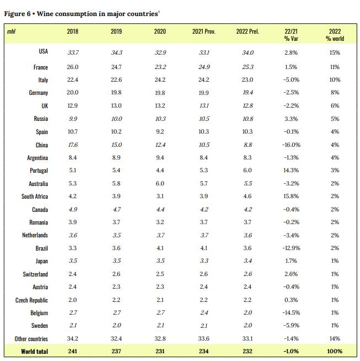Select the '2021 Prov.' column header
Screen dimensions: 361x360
point(203,31)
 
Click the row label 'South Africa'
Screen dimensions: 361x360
point(35,197)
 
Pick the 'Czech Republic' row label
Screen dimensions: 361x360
point(31,300)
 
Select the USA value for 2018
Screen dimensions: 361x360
point(72,52)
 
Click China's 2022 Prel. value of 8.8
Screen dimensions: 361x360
point(248,145)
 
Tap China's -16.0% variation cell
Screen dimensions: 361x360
point(292,145)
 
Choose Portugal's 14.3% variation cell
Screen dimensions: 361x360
point(292,171)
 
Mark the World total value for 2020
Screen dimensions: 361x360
point(160,351)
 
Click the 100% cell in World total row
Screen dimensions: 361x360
point(334,351)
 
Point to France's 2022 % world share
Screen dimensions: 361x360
point(335,67)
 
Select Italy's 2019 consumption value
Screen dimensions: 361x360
point(116,80)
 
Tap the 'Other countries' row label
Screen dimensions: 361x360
point(31,339)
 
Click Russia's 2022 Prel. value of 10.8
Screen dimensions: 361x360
point(248,119)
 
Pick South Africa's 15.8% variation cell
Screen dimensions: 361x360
point(292,197)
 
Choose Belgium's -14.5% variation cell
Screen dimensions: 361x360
point(292,313)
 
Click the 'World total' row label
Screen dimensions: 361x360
point(34,351)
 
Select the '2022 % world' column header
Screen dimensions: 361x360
point(335,35)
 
